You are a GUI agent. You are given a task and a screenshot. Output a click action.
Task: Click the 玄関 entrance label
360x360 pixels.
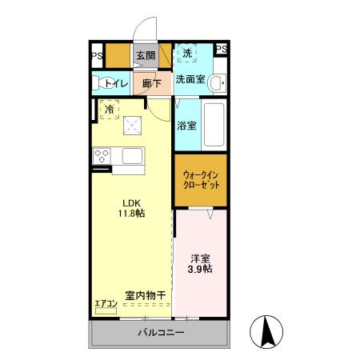coord(145,55)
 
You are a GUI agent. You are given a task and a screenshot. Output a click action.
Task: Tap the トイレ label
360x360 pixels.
coord(117,81)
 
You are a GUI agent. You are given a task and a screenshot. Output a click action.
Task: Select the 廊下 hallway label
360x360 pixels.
coord(152,82)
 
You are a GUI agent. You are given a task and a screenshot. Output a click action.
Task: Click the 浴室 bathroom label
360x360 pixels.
coord(186,125)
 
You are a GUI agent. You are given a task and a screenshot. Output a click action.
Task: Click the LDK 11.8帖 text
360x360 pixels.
coord(131,207)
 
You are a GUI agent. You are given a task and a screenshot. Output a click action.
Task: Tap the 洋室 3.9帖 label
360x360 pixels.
coord(201,263)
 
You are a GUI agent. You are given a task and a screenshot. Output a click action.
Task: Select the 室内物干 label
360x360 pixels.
coord(146,295)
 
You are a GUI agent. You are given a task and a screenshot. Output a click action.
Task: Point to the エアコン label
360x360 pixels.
coord(106,303)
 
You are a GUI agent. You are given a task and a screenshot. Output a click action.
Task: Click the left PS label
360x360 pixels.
coord(96,55)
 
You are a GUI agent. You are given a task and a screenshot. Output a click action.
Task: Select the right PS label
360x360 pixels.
coord(222,50)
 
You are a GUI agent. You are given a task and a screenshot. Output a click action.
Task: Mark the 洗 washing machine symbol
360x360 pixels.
coord(186,53)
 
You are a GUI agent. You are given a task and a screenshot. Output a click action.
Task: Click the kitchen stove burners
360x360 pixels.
coord(102,156)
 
